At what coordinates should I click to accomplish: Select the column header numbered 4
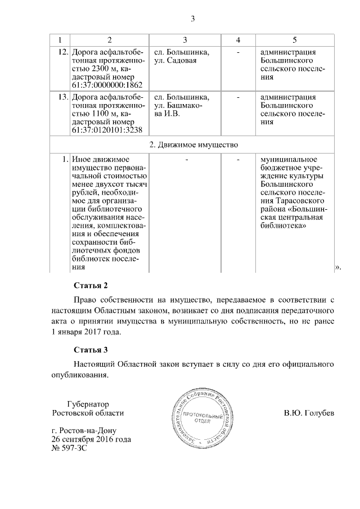pos(238,40)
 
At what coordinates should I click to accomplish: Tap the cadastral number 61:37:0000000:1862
pos(107,85)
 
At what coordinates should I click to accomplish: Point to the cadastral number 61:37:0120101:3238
pos(107,130)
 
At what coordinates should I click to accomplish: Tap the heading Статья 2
pos(90,285)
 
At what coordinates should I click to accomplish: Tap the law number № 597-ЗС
pos(70,448)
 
